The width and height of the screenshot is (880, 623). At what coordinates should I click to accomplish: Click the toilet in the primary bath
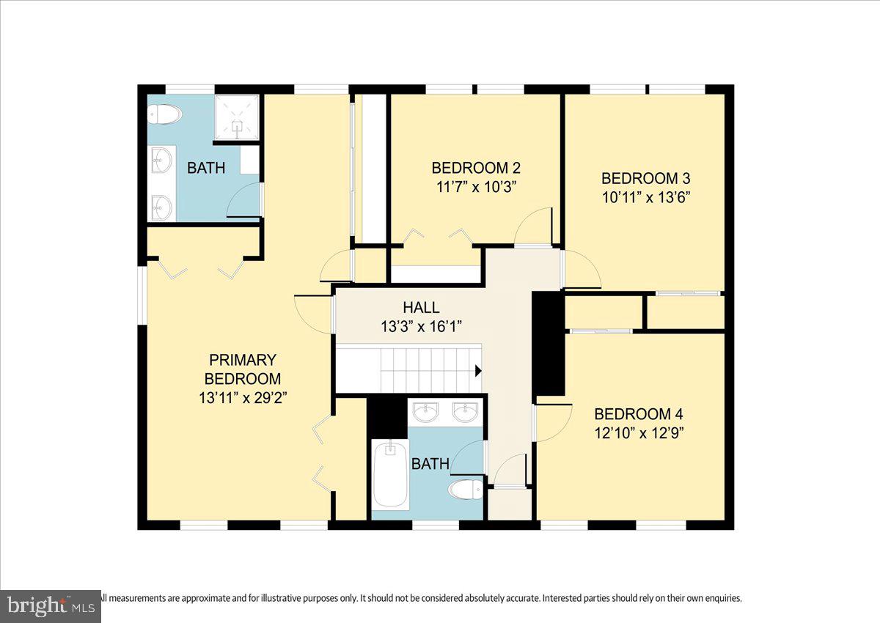164,114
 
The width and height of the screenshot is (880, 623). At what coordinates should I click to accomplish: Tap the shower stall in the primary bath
236,117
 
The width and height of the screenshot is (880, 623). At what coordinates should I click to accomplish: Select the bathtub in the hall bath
390,474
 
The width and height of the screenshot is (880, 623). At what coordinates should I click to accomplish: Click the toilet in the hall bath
466,488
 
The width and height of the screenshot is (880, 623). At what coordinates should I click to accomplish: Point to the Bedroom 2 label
475,167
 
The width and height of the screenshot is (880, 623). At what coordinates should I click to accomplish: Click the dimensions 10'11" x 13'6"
645,196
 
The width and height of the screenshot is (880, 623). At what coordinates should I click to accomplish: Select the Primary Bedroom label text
242,369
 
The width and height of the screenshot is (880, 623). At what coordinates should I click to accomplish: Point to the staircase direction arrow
478,371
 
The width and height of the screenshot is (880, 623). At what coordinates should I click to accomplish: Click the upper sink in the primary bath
161,160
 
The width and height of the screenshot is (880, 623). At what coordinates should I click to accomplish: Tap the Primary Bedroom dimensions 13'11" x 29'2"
242,398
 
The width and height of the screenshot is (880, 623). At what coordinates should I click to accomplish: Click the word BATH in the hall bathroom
430,464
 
